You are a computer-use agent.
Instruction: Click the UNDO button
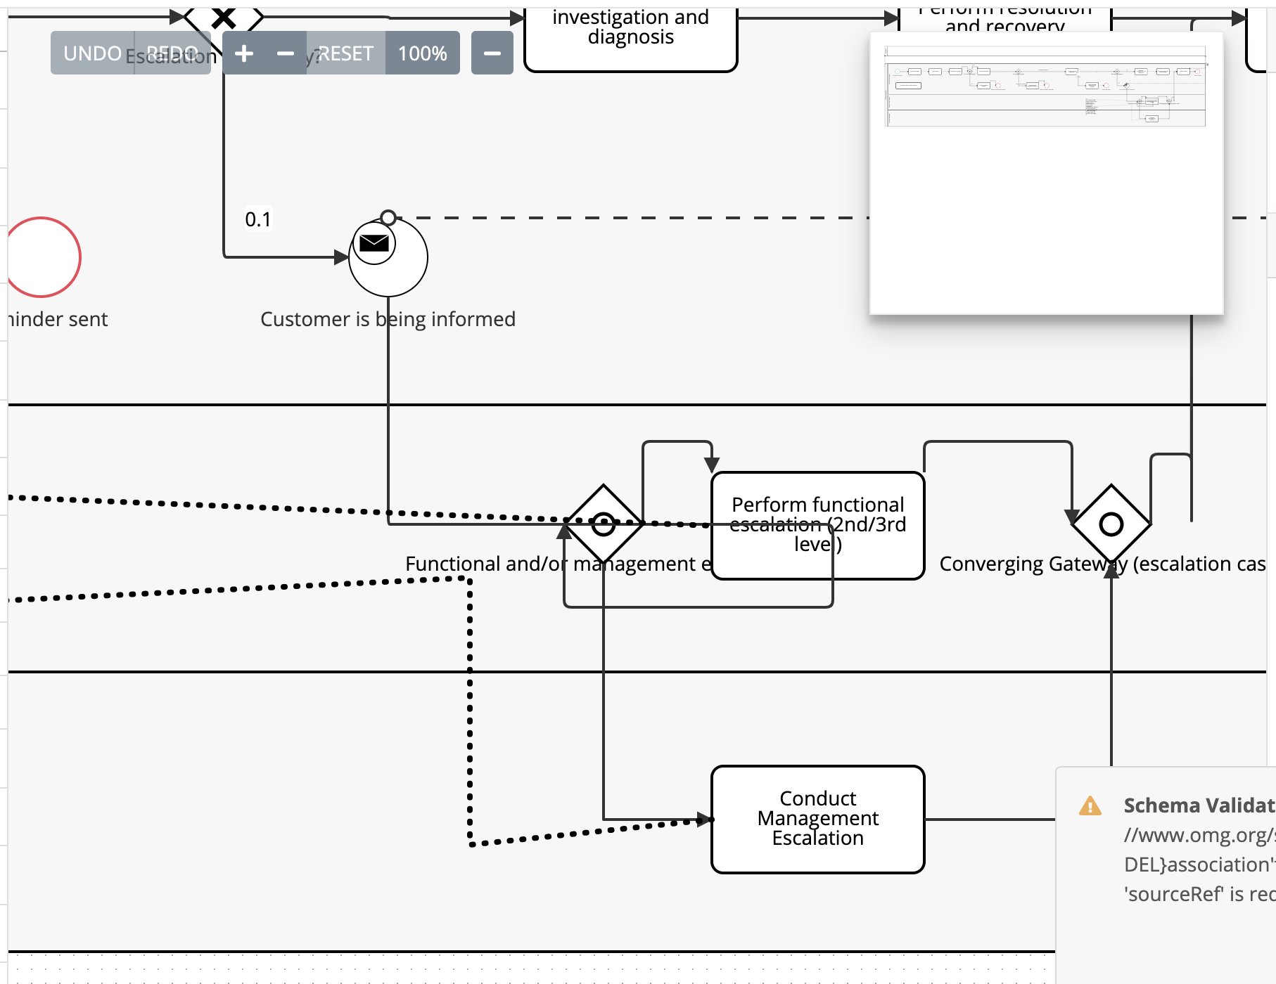(92, 53)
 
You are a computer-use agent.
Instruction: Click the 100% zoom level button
(422, 53)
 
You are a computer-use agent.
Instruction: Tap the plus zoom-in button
(244, 53)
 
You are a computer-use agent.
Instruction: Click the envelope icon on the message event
(374, 243)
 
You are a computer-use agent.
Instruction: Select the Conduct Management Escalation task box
(817, 819)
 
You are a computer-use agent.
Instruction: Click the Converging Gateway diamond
(1111, 524)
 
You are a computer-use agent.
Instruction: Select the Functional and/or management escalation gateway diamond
(604, 524)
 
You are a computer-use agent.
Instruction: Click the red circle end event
(42, 257)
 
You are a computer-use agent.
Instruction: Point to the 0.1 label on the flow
(257, 219)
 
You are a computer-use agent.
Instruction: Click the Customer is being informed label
(388, 319)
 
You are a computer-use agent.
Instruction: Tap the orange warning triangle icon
(1090, 805)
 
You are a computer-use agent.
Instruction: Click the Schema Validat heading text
(1199, 805)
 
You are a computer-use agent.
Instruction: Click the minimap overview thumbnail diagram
(1045, 87)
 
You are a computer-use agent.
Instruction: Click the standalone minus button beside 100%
(492, 53)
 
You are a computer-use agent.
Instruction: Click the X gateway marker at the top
(224, 17)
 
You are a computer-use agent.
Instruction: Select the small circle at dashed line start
(388, 217)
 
